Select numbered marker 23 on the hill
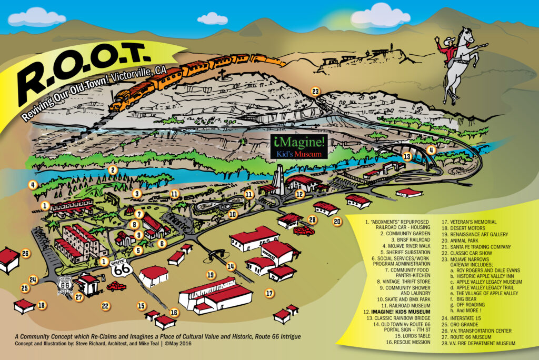(315, 91)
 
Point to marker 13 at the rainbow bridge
(406, 156)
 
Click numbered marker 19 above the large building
(211, 275)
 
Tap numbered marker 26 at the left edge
(25, 254)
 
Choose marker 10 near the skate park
(233, 214)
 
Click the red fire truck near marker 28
(304, 231)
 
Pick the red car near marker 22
(116, 286)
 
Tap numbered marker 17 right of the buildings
(269, 293)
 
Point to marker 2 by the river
(112, 169)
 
